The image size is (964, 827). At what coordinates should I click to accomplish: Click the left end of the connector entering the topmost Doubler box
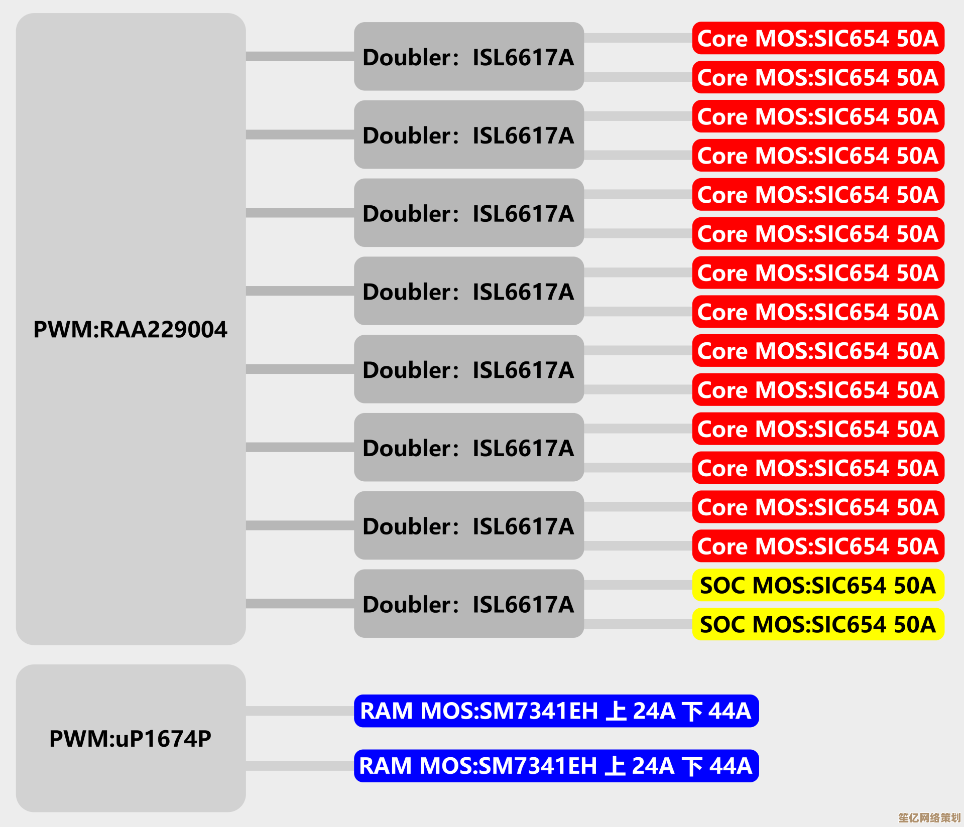(247, 56)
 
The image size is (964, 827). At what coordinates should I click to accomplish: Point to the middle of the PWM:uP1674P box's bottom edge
(131, 811)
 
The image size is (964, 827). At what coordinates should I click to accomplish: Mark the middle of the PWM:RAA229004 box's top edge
(131, 14)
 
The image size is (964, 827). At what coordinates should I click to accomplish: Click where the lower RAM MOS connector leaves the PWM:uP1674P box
(247, 766)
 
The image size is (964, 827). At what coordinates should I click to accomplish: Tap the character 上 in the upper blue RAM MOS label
(616, 711)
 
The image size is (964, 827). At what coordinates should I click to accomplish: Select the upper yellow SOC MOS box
(818, 585)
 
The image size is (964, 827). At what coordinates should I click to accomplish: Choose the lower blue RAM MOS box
(556, 766)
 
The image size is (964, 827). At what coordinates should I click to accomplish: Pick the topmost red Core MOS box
(818, 38)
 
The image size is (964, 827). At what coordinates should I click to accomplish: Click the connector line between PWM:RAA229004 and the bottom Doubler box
(300, 603)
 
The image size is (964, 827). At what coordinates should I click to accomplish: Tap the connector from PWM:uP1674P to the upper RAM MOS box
(300, 711)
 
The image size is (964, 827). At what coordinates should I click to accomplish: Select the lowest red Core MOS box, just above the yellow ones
(818, 546)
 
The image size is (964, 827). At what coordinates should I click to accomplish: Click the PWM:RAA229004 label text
(131, 330)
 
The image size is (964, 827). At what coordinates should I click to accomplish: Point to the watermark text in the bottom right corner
(929, 817)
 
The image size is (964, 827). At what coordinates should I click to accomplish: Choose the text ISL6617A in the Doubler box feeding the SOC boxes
(523, 604)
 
